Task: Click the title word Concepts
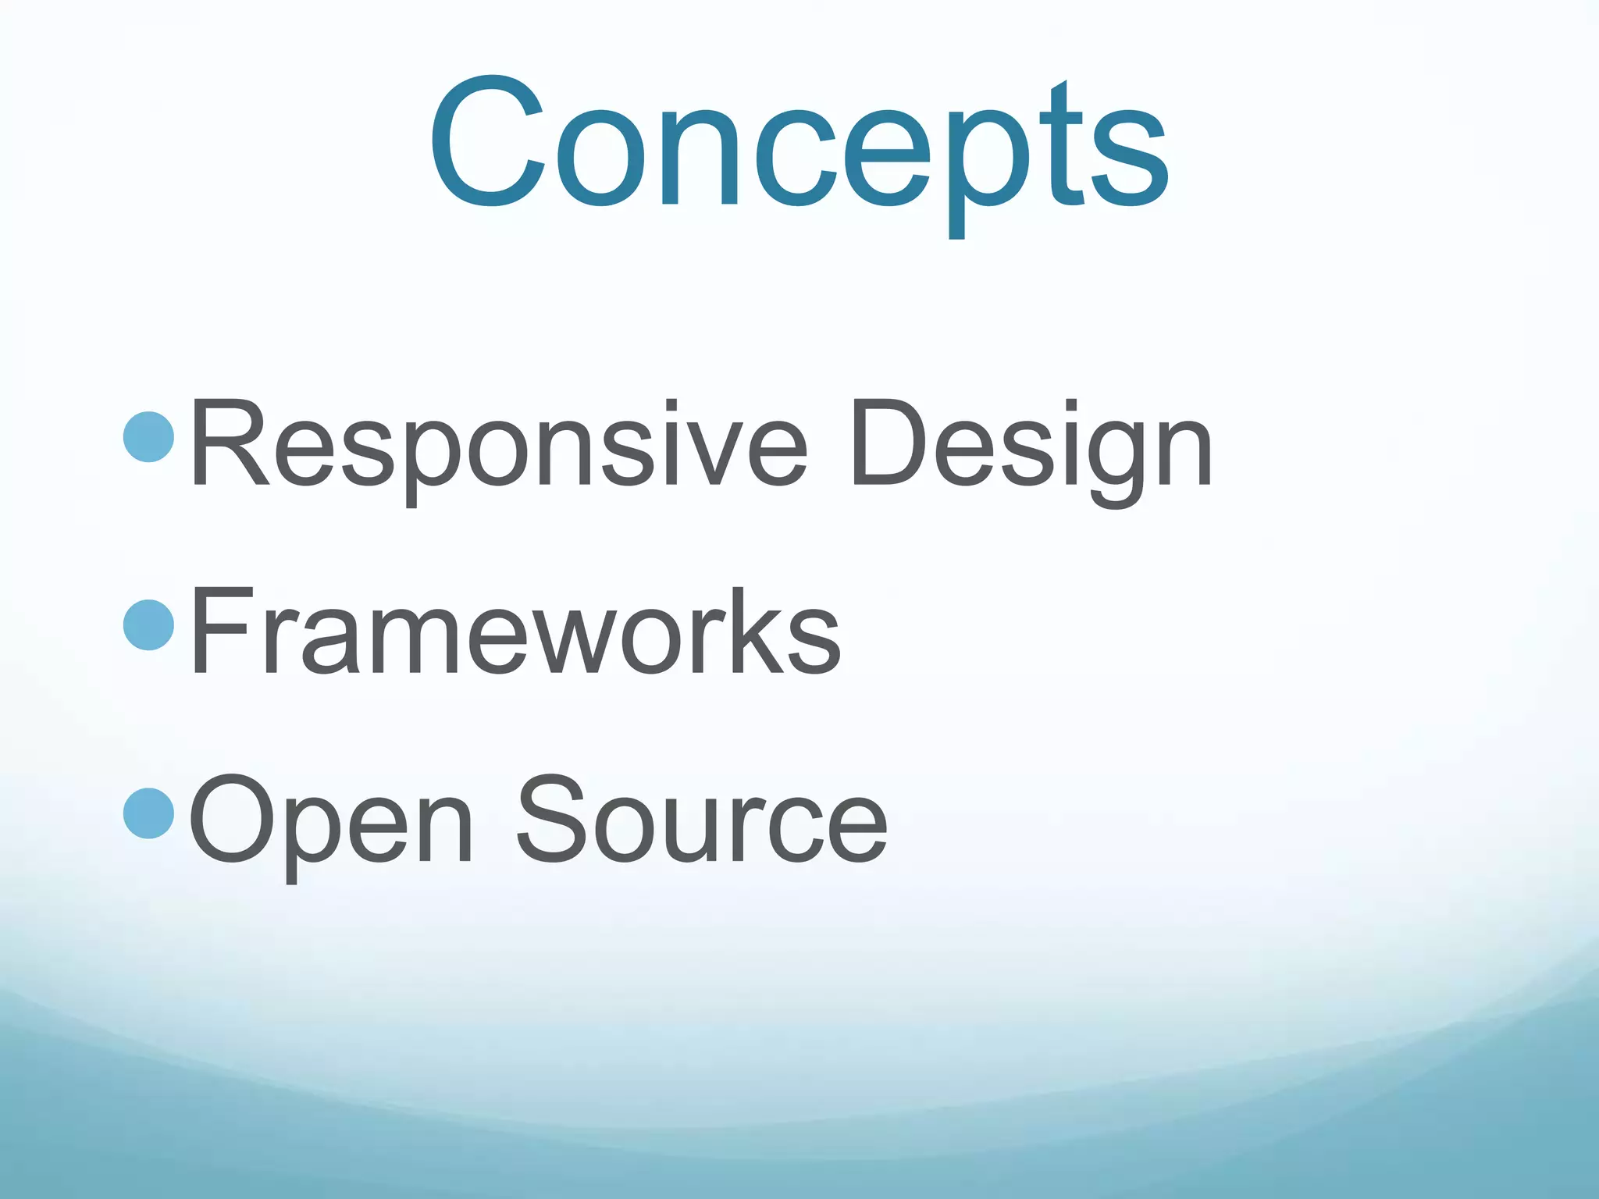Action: [798, 144]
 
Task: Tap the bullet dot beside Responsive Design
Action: [148, 438]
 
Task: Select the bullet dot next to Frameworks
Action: [148, 624]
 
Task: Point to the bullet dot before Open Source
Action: [148, 813]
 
